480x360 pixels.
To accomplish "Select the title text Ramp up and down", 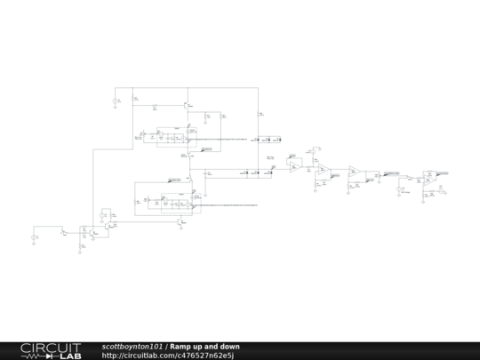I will (x=204, y=346).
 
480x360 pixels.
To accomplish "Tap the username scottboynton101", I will (x=132, y=346).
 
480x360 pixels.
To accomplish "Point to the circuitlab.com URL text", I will (x=167, y=356).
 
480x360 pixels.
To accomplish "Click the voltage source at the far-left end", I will (x=36, y=236).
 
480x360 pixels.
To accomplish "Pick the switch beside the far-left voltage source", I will (x=63, y=233).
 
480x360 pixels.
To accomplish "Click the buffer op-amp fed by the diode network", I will (x=293, y=166).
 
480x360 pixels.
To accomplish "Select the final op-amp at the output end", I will (x=429, y=178).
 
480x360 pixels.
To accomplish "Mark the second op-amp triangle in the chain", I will (x=325, y=171).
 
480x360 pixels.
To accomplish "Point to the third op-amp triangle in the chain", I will (x=354, y=172).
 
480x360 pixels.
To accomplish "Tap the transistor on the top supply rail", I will (x=187, y=106).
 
